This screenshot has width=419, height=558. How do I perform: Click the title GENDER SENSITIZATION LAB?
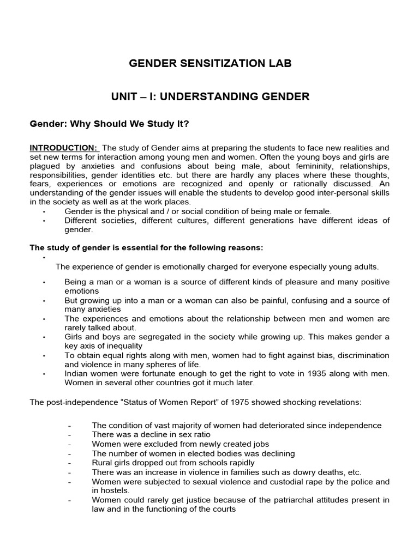(210, 64)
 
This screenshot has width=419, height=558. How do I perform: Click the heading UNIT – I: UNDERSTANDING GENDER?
(210, 97)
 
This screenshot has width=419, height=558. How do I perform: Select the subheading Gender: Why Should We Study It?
(109, 124)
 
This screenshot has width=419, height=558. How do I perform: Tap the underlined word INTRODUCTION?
(63, 148)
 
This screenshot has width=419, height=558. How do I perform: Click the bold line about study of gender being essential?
(146, 248)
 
